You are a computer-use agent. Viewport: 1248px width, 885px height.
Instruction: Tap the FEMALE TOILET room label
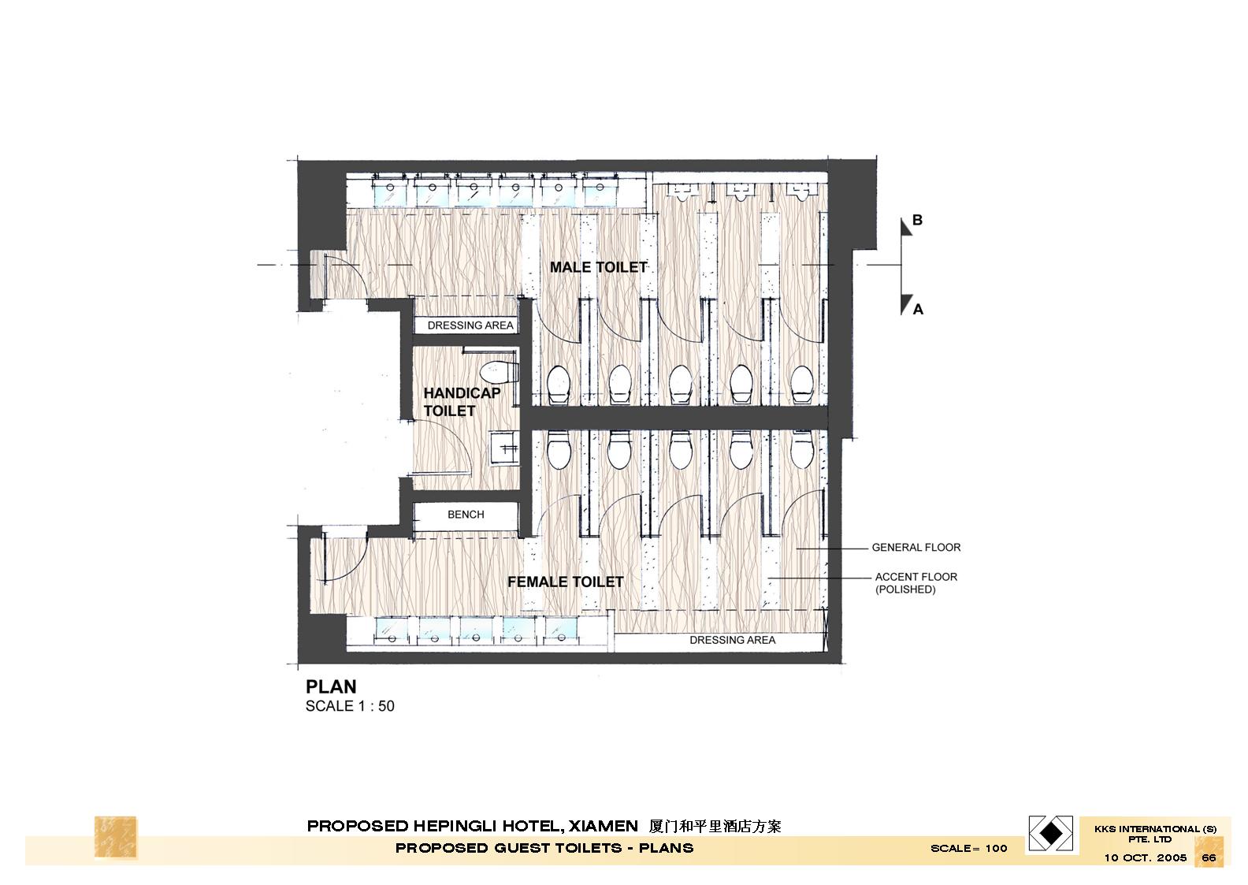click(x=565, y=582)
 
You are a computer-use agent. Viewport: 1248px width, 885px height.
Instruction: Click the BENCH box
click(x=466, y=515)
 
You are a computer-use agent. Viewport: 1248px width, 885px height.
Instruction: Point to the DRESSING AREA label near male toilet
click(x=470, y=325)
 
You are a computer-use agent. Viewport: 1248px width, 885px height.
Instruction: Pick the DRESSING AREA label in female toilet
click(x=732, y=640)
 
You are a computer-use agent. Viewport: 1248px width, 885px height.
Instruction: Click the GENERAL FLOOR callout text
click(x=916, y=547)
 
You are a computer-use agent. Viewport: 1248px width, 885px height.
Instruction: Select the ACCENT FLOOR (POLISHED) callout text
click(x=916, y=583)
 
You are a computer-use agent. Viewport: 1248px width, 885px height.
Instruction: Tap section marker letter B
click(x=917, y=220)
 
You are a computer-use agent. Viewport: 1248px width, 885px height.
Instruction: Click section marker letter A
click(x=918, y=310)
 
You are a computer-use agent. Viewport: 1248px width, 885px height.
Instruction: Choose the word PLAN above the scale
click(x=331, y=686)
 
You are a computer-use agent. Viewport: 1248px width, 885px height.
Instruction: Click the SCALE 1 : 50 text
click(x=350, y=706)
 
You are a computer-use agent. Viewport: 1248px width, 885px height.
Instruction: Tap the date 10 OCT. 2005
click(x=1145, y=857)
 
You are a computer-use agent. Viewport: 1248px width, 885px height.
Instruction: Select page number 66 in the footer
click(x=1209, y=857)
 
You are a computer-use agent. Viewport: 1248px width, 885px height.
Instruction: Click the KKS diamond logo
click(x=1052, y=833)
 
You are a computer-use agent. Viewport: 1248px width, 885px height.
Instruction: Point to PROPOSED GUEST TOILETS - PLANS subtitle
click(x=544, y=848)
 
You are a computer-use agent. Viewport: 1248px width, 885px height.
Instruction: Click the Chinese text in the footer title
click(x=715, y=827)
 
